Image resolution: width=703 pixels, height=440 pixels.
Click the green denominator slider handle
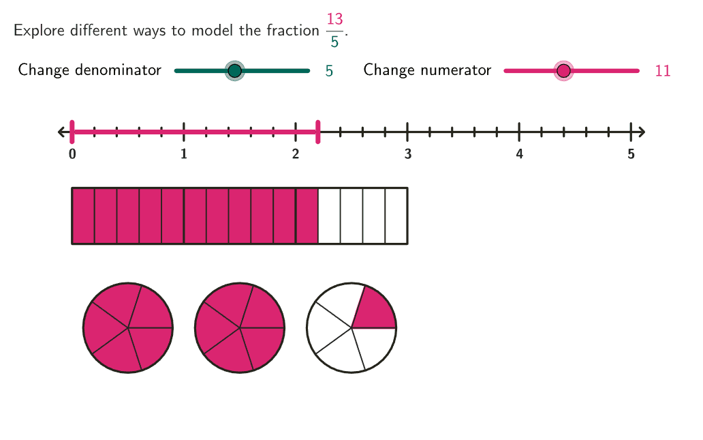234,70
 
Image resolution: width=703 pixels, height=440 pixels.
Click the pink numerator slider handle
563,70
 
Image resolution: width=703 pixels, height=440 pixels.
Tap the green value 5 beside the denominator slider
329,71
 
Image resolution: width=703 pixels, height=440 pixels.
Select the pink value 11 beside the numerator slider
663,71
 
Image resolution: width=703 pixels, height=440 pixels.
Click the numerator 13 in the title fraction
334,20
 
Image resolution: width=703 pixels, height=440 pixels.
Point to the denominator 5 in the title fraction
334,42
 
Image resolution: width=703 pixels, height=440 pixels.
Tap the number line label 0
72,155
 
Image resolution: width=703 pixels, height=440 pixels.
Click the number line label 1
184,155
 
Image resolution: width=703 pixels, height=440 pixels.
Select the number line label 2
296,155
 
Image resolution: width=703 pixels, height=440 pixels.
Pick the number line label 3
407,155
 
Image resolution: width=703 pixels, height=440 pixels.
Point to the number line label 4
519,155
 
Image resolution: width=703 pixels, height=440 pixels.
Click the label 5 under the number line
631,155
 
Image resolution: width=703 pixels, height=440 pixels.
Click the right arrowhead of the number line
641,132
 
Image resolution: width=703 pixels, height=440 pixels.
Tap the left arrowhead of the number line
62,132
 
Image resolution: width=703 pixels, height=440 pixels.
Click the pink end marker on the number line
318,132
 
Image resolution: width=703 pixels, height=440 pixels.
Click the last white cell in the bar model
396,216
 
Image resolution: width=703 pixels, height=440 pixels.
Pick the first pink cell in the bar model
83,216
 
